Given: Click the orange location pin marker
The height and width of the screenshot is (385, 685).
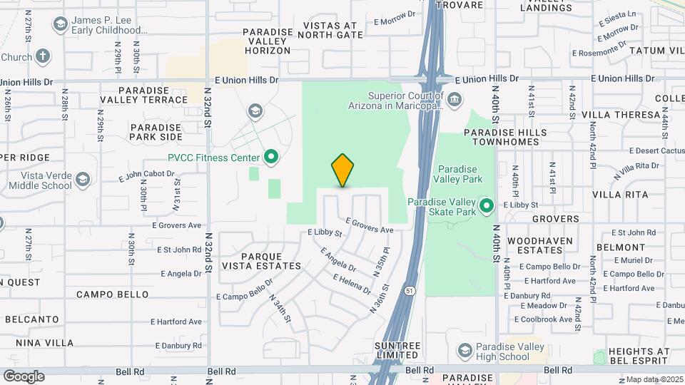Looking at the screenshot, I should (342, 170).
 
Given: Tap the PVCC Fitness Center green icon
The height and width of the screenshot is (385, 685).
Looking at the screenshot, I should (270, 157).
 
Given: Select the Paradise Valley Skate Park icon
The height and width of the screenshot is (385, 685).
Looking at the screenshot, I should (487, 207).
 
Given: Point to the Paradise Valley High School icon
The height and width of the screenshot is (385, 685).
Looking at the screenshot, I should (465, 350).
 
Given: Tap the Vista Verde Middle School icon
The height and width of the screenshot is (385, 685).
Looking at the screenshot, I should (83, 179).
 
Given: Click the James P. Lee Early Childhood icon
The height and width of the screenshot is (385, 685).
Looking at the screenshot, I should (61, 24).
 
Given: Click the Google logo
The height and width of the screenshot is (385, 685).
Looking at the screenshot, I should (24, 376).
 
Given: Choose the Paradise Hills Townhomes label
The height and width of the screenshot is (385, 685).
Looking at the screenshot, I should (505, 138).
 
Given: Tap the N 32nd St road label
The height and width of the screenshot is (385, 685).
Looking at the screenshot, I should (208, 107).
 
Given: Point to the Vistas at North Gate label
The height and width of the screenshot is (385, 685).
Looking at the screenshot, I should (333, 29).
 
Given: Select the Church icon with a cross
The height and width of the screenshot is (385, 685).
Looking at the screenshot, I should (43, 56).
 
